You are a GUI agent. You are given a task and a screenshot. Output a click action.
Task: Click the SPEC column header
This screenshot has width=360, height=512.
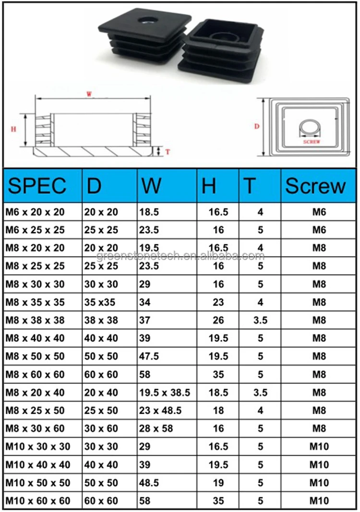pos(37,186)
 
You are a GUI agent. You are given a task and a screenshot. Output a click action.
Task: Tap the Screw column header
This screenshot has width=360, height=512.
pos(315,186)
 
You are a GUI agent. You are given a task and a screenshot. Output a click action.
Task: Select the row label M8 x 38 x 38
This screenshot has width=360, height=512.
pos(35,321)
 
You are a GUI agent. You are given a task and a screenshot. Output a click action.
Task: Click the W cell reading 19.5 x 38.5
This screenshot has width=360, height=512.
pos(164,393)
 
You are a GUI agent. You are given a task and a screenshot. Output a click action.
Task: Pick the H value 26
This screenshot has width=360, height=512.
pos(218,321)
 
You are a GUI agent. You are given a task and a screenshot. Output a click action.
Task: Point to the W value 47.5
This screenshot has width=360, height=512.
pos(149,357)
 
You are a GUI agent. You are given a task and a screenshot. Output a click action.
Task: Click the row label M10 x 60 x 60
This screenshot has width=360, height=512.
pos(37,501)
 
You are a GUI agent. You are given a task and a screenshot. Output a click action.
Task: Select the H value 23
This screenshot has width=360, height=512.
pos(218,302)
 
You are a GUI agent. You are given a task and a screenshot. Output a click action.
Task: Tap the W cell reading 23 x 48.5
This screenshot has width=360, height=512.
pos(160,410)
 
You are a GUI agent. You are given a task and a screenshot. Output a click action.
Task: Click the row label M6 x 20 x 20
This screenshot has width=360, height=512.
pos(35,212)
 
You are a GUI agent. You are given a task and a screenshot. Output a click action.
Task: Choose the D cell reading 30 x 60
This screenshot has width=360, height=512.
pos(101,429)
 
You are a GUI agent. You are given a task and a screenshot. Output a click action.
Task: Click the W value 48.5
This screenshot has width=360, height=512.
pos(149,482)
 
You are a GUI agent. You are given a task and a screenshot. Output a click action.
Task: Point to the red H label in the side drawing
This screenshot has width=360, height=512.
pos(13,129)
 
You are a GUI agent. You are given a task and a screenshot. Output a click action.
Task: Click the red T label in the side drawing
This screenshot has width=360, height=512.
pos(168,152)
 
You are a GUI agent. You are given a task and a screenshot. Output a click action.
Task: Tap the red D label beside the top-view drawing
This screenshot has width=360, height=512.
pos(256,127)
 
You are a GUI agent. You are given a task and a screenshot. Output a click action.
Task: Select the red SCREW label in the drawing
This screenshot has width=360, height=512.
pos(312,142)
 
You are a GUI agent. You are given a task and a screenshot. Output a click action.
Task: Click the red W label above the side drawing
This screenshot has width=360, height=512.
pos(89,95)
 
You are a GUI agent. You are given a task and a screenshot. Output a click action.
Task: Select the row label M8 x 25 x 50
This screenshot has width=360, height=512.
pos(35,410)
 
